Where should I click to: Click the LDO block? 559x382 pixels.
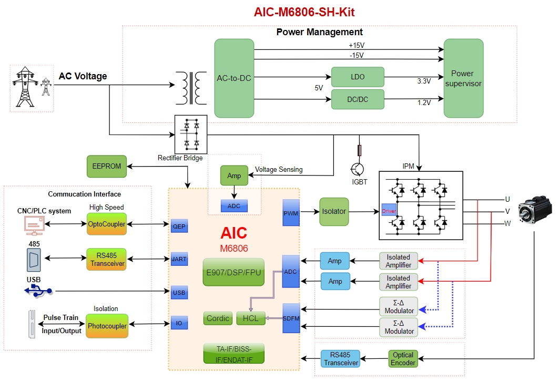(x=358, y=77)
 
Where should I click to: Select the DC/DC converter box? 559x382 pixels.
(x=358, y=99)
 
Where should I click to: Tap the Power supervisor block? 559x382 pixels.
(x=463, y=78)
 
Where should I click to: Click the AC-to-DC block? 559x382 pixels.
(x=234, y=78)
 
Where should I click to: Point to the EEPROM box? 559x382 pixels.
(x=107, y=166)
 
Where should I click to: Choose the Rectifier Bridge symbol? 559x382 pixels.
(x=190, y=133)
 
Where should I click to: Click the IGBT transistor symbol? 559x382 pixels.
(x=358, y=169)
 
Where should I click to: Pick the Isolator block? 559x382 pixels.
(x=334, y=212)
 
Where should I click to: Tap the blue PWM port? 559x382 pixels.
(x=291, y=213)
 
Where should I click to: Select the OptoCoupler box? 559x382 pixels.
(x=107, y=224)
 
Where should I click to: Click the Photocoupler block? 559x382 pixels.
(x=107, y=326)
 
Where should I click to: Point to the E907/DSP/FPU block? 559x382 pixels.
(x=233, y=272)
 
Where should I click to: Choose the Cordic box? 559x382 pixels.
(x=218, y=318)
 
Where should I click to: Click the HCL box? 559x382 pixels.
(x=250, y=318)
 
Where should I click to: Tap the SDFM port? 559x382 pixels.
(x=291, y=318)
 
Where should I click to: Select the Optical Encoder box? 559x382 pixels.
(x=403, y=358)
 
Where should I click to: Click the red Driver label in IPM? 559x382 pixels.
(x=389, y=211)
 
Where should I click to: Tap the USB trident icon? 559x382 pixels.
(x=38, y=290)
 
